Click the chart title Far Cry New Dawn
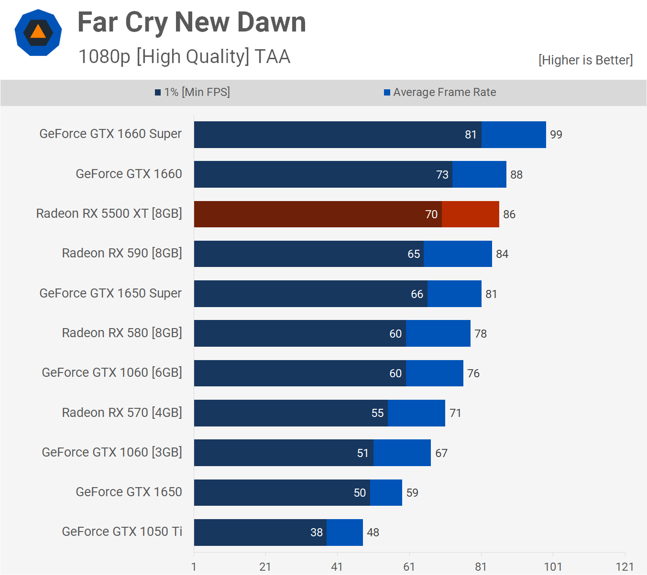click(x=191, y=22)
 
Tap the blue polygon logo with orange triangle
click(x=38, y=32)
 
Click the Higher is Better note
click(x=585, y=60)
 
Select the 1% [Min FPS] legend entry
click(x=192, y=92)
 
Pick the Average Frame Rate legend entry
click(x=440, y=92)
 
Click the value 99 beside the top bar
click(x=556, y=135)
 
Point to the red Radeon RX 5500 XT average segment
click(x=470, y=214)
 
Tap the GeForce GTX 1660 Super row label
click(x=110, y=134)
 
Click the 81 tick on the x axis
click(x=481, y=567)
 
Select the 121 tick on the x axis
click(x=625, y=567)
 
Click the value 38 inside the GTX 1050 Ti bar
click(x=317, y=532)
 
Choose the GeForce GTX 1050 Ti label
click(x=122, y=532)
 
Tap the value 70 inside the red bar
click(x=431, y=214)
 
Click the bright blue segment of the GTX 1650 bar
click(x=386, y=492)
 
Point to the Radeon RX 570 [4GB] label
click(x=122, y=413)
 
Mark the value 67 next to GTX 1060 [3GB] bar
click(x=441, y=453)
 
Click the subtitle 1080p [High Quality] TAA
click(x=184, y=56)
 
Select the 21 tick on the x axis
click(x=265, y=567)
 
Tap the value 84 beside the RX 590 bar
click(x=502, y=254)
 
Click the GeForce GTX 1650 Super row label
click(x=110, y=293)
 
